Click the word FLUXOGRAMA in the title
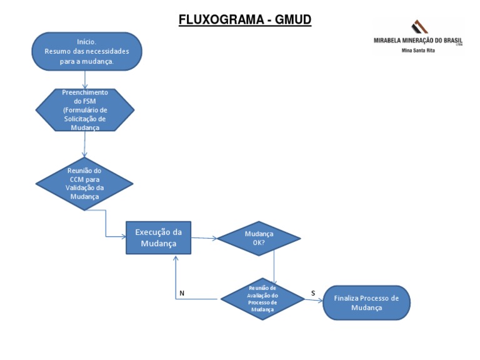click(x=218, y=20)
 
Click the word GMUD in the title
click(x=291, y=20)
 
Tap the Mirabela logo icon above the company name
click(x=419, y=27)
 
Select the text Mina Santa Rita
click(x=418, y=50)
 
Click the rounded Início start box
click(x=87, y=51)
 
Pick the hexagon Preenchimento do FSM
click(x=84, y=109)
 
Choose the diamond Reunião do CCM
click(x=84, y=183)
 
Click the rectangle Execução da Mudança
click(x=158, y=237)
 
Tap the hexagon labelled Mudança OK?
click(x=258, y=238)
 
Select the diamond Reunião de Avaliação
click(x=262, y=298)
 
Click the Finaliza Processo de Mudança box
click(x=366, y=302)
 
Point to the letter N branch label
click(x=182, y=292)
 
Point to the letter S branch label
click(x=312, y=292)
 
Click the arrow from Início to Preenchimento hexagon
click(x=85, y=79)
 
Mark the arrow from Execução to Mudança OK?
click(x=203, y=238)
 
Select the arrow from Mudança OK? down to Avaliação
click(x=274, y=266)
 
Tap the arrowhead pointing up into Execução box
click(x=176, y=257)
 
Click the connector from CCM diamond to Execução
click(x=106, y=225)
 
